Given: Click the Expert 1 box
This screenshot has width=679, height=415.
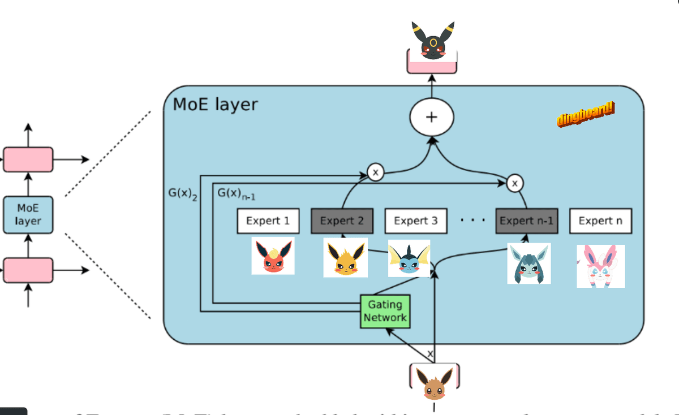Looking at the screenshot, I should pyautogui.click(x=268, y=221).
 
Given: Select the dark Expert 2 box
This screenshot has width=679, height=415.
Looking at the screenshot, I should pyautogui.click(x=342, y=221).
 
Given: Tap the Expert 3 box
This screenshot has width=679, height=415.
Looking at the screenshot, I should pyautogui.click(x=416, y=221).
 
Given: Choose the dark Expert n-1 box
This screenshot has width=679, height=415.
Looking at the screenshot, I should pyautogui.click(x=526, y=221).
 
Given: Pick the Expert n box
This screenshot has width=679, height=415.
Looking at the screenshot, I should pyautogui.click(x=600, y=221).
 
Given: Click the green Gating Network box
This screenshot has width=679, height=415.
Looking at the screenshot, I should pyautogui.click(x=385, y=311).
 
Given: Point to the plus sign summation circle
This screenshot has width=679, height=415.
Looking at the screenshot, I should pyautogui.click(x=432, y=117).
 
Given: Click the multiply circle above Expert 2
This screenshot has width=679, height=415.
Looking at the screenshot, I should pyautogui.click(x=375, y=172).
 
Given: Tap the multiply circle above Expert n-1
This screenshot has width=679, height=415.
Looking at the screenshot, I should pyautogui.click(x=515, y=183).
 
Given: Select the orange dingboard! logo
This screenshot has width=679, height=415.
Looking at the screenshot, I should pyautogui.click(x=586, y=114).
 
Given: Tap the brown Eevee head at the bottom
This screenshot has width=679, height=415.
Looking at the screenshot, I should pyautogui.click(x=434, y=383).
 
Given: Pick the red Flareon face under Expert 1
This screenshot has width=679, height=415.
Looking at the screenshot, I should pyautogui.click(x=273, y=256).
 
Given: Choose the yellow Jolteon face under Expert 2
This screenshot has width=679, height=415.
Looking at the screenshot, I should pyautogui.click(x=345, y=257).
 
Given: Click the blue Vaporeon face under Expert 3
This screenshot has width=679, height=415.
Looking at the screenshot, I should pyautogui.click(x=409, y=258).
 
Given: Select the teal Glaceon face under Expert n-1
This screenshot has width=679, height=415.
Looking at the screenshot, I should pyautogui.click(x=528, y=263).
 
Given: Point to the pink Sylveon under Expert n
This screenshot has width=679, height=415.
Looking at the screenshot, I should pyautogui.click(x=600, y=266).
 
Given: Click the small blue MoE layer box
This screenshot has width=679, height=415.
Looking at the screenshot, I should pyautogui.click(x=28, y=214).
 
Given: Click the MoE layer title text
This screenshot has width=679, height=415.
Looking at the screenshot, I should pyautogui.click(x=215, y=104).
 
